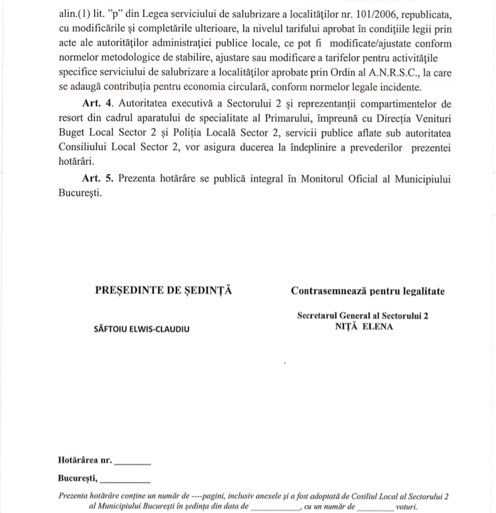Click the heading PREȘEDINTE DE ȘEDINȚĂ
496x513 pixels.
[163, 291]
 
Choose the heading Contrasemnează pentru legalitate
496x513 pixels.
[367, 291]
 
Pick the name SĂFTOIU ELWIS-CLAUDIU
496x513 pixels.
[141, 329]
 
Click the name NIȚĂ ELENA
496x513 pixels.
[364, 326]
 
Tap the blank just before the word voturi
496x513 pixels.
[369, 507]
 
